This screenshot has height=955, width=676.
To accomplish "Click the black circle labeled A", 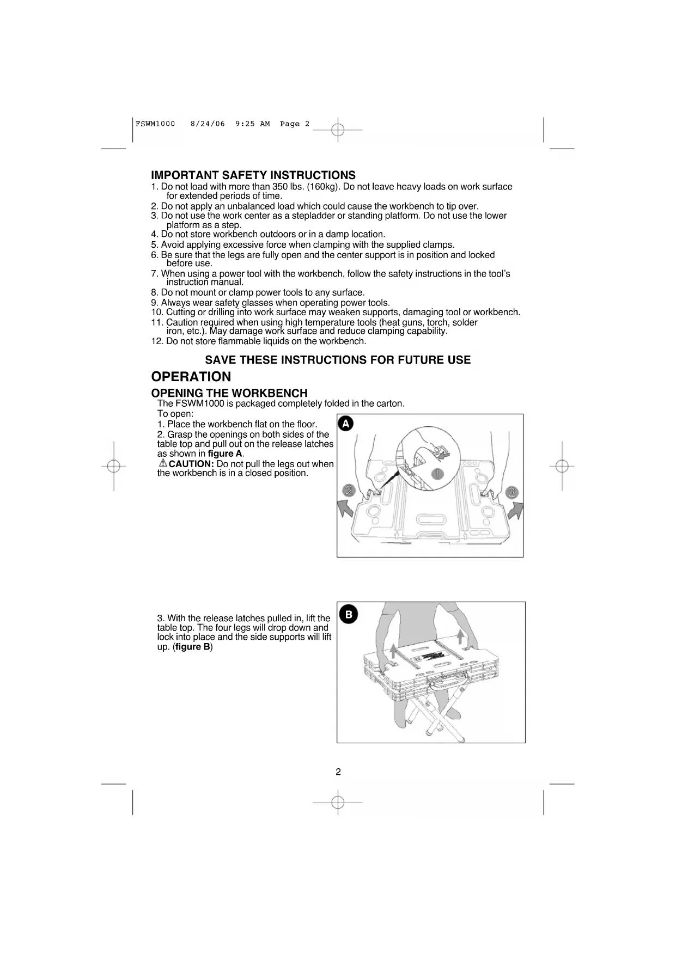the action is (345, 424).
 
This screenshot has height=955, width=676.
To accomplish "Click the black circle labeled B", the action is (349, 615).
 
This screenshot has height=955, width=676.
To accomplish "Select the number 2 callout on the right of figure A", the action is (511, 493).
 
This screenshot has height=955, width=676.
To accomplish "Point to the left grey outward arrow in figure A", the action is (346, 512).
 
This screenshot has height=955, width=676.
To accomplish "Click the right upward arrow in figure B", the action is (461, 636).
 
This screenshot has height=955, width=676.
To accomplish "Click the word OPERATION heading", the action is (191, 377).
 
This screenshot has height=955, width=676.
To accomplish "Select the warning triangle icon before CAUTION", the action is (163, 463).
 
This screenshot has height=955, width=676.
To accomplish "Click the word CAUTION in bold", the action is (191, 464).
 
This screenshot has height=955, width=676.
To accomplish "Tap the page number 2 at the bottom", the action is (338, 772).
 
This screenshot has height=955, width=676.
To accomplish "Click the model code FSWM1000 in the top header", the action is (155, 124).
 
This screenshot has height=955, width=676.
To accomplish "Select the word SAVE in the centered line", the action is (220, 360).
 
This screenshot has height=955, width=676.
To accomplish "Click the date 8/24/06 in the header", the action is (208, 124).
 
